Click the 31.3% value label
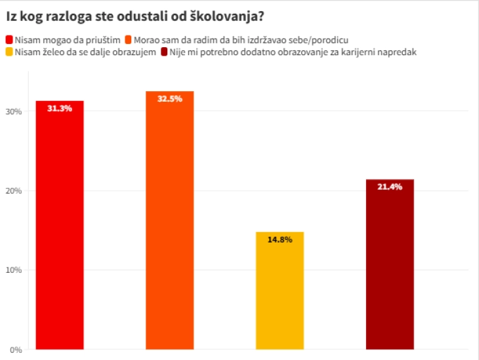(59, 108)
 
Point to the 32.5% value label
(169, 99)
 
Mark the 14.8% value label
(280, 239)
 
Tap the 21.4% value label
(390, 187)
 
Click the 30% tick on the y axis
(14, 111)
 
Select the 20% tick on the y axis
(14, 191)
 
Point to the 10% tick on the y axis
(14, 270)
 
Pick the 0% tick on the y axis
(16, 350)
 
